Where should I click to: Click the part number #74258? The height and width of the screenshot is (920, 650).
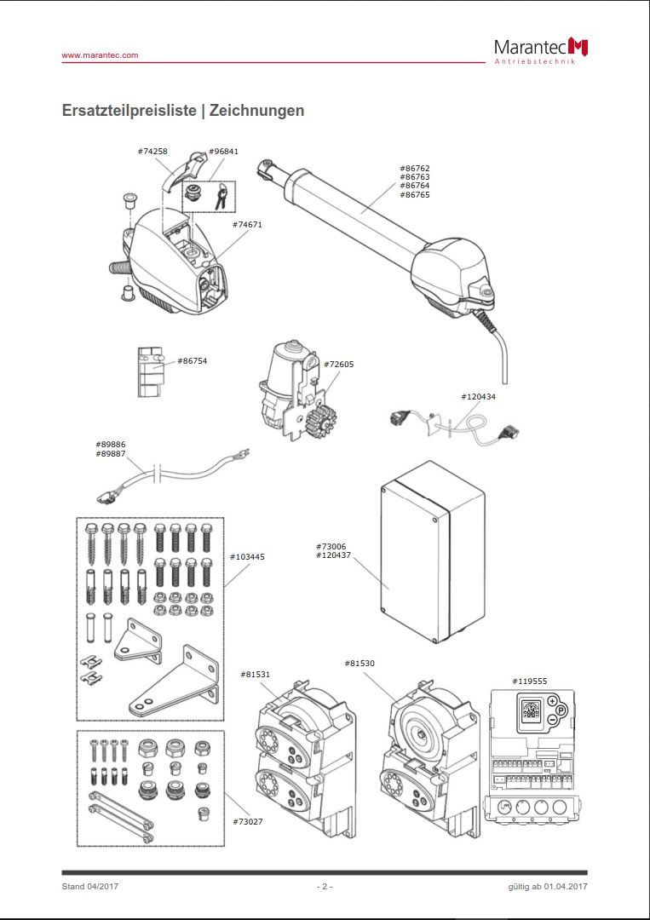click(152, 152)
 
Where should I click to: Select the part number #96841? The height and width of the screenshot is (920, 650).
click(223, 152)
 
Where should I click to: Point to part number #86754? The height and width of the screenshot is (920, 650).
click(193, 360)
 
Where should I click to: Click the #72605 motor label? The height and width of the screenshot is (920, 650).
click(339, 364)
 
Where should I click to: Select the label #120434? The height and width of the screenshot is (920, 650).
click(478, 397)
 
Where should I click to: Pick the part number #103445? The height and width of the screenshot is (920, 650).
click(247, 557)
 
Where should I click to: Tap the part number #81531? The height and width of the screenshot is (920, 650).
click(256, 675)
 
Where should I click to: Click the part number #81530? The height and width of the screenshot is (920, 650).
click(360, 663)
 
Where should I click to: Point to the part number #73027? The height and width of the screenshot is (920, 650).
click(248, 821)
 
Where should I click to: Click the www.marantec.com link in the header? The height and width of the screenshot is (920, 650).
click(100, 55)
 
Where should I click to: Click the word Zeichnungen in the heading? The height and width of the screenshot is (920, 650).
click(256, 111)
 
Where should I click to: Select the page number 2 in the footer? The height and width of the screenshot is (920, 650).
click(324, 887)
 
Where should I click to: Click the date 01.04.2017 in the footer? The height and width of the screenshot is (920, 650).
click(562, 887)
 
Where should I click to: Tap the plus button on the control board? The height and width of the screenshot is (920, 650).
click(551, 700)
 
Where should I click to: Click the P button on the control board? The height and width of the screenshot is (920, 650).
click(561, 710)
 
